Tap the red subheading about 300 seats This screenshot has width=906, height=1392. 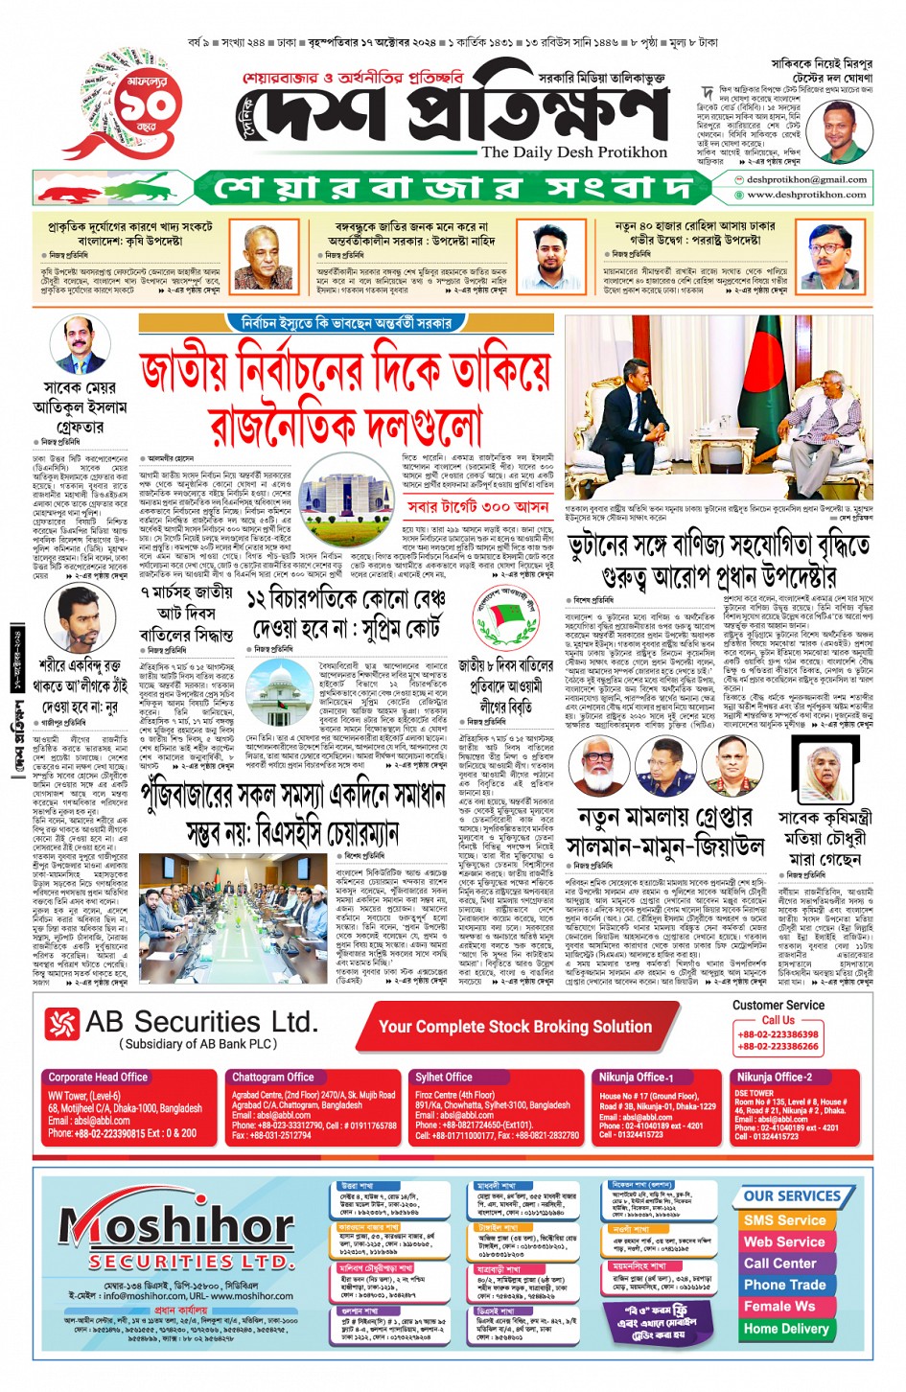(x=476, y=506)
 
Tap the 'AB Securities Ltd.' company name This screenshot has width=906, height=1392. (x=200, y=1022)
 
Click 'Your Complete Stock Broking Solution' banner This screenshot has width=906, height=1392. (x=515, y=1027)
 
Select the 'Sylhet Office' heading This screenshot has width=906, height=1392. (x=444, y=1078)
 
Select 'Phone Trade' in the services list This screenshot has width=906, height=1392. (x=784, y=1285)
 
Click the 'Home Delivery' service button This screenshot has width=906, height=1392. (x=785, y=1329)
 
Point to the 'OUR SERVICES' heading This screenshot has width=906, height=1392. (x=792, y=1195)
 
